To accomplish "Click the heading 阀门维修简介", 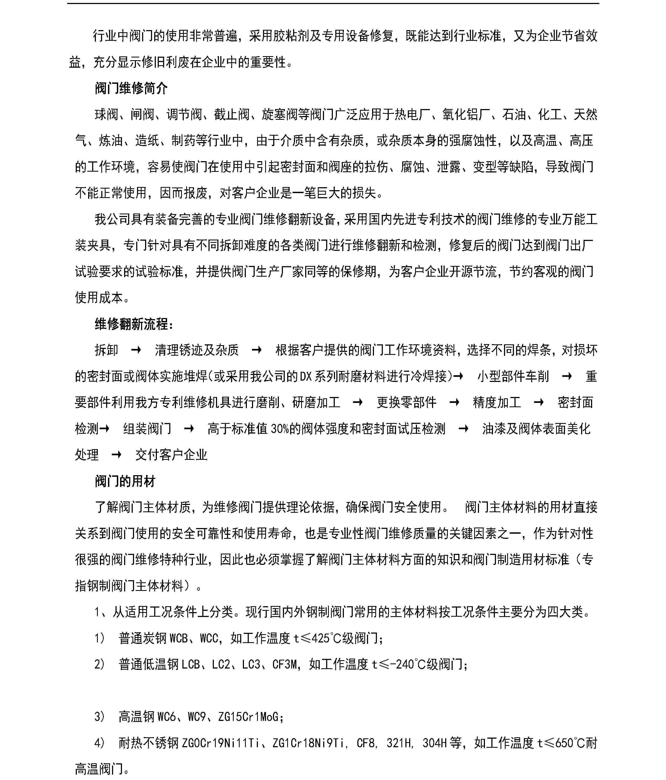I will pyautogui.click(x=131, y=88).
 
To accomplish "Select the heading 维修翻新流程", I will pyautogui.click(x=134, y=324).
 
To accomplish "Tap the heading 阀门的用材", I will pyautogui.click(x=125, y=481).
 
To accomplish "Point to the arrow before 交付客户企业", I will pyautogui.click(x=116, y=455).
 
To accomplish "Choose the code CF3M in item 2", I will pyautogui.click(x=285, y=665).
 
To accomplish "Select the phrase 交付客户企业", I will pyautogui.click(x=171, y=455).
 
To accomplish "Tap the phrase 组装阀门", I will pyautogui.click(x=147, y=429).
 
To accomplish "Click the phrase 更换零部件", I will pyautogui.click(x=406, y=402).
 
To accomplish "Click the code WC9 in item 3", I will pyautogui.click(x=197, y=717).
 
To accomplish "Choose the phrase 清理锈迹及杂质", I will pyautogui.click(x=197, y=350).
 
